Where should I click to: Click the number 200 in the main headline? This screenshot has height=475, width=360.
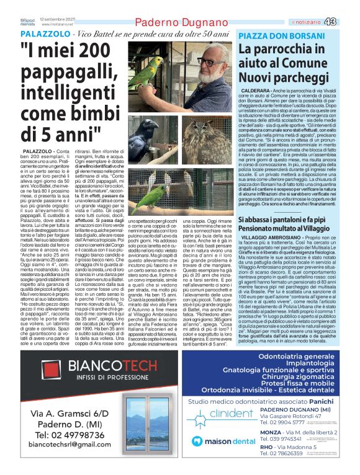[x=96, y=55]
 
